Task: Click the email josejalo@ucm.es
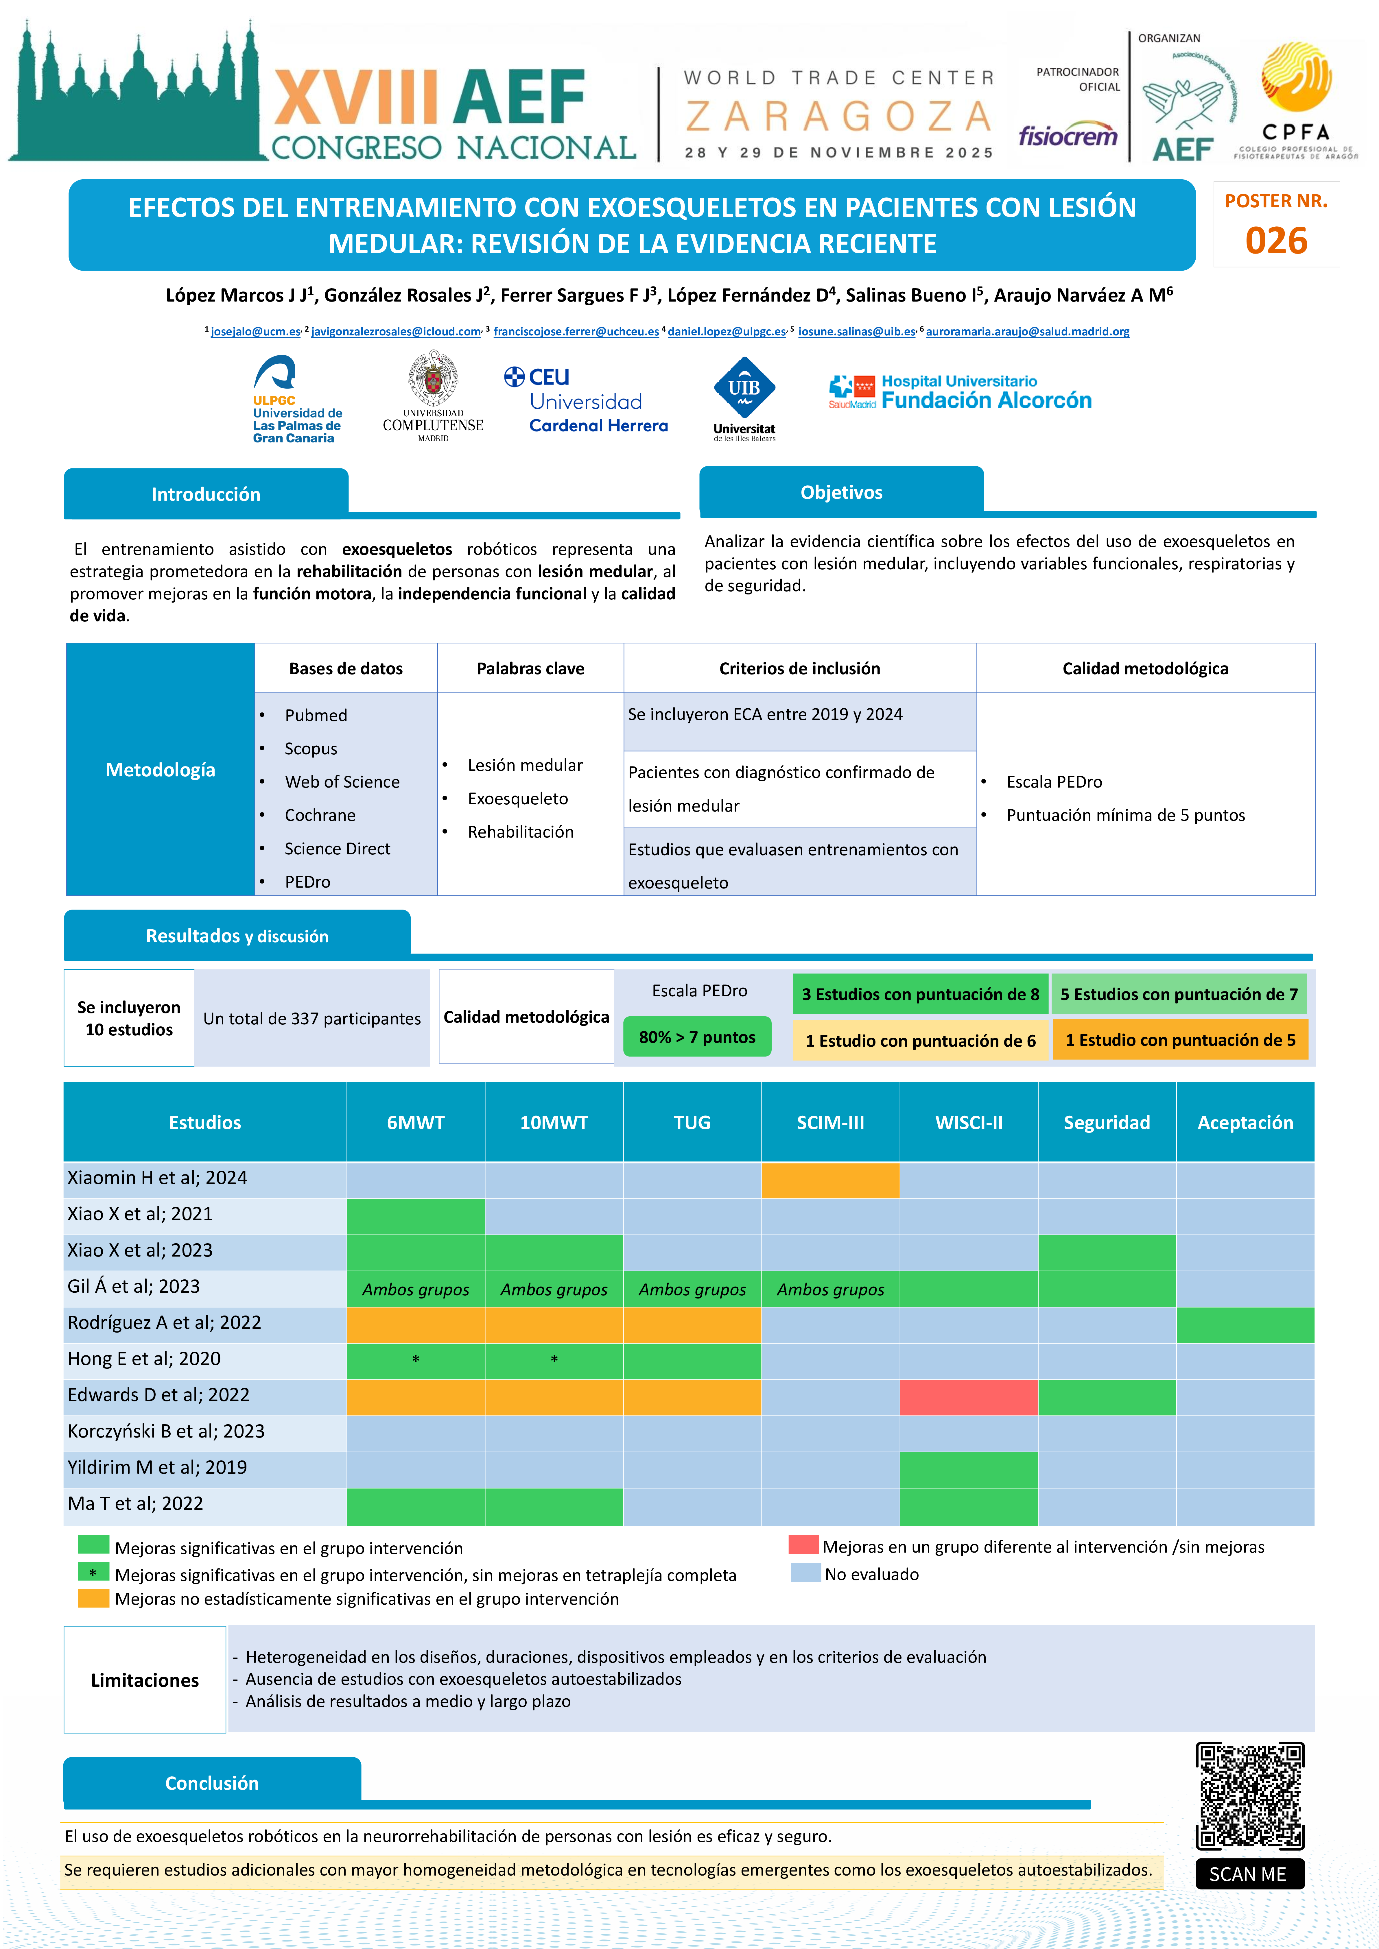pyautogui.click(x=256, y=332)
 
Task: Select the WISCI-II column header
pyautogui.click(x=969, y=1122)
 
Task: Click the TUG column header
pyautogui.click(x=692, y=1122)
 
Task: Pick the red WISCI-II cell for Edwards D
pyautogui.click(x=969, y=1397)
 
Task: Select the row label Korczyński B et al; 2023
pyautogui.click(x=166, y=1431)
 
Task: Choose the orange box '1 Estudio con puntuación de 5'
pyautogui.click(x=1180, y=1040)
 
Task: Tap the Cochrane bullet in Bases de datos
pyautogui.click(x=320, y=815)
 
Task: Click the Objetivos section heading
pyautogui.click(x=842, y=492)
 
